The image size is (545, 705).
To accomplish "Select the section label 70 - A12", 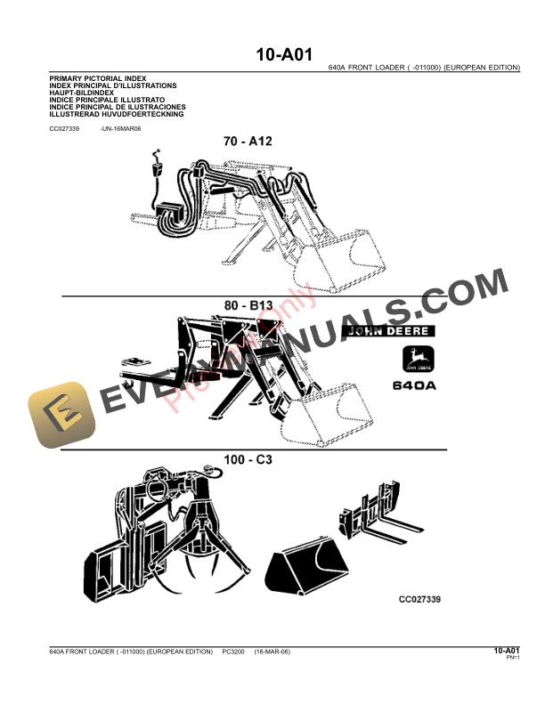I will (259, 140).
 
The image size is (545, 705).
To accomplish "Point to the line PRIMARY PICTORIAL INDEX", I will (98, 79).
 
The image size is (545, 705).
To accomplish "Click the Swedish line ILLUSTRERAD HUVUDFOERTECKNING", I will (117, 114).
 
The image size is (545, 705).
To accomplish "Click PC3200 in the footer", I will (233, 652).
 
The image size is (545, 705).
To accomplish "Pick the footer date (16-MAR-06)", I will (272, 652).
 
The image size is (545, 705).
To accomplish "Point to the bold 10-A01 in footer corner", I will (507, 651).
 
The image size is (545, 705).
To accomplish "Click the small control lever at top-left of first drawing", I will (158, 166).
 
